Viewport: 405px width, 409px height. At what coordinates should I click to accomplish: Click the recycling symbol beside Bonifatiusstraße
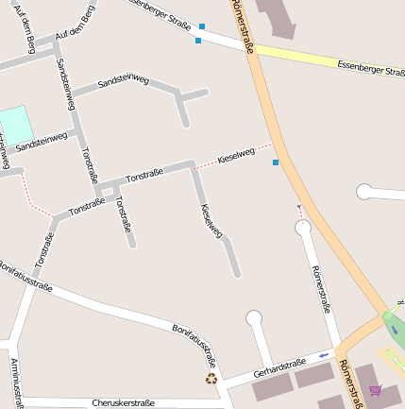pos(211,379)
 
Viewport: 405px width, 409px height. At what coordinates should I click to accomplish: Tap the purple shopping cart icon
pos(375,390)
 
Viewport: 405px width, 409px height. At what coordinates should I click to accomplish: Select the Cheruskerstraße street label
pos(123,402)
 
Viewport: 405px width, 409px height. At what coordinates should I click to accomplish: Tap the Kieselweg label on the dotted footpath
pos(236,154)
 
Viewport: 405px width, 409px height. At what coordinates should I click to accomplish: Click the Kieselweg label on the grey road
pos(211,219)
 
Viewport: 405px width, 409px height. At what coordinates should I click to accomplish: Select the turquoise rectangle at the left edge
pos(14,126)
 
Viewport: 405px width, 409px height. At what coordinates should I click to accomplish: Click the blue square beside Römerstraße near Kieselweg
pos(276,163)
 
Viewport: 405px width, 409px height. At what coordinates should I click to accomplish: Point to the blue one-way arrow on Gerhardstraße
pos(325,355)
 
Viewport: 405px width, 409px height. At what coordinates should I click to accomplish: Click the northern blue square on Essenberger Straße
pos(202,27)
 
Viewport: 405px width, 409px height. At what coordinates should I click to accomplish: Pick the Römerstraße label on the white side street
pos(320,289)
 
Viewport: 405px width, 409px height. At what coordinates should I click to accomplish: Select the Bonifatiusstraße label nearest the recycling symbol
pos(195,346)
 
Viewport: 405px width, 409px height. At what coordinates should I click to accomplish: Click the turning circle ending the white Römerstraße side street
pos(303,228)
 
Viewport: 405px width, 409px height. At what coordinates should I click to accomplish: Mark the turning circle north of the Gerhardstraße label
pos(254,318)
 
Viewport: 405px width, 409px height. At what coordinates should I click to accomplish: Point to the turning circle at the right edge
pos(364,193)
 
